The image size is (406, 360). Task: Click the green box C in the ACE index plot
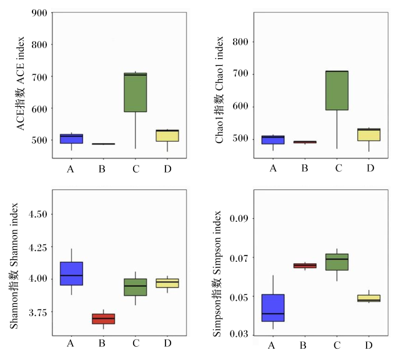click(x=136, y=92)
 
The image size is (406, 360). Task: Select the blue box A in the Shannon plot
click(x=71, y=273)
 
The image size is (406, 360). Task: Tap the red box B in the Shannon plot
click(x=103, y=319)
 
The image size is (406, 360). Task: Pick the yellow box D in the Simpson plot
click(x=369, y=298)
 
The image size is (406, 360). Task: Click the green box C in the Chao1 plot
click(x=337, y=91)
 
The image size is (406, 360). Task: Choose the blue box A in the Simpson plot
click(x=273, y=308)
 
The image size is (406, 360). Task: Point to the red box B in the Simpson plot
click(x=305, y=266)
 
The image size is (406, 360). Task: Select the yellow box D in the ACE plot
click(x=167, y=136)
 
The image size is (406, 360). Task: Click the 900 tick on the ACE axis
click(x=39, y=13)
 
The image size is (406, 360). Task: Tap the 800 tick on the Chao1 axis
click(x=240, y=42)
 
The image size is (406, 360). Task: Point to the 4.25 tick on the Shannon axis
click(x=38, y=247)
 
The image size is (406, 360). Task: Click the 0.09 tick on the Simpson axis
click(x=239, y=218)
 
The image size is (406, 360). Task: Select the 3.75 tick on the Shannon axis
click(x=38, y=312)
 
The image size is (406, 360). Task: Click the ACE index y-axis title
click(x=20, y=84)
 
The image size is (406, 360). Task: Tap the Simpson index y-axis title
click(x=217, y=274)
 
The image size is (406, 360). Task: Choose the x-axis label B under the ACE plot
click(x=102, y=169)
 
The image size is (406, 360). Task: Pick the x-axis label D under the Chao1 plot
click(x=370, y=168)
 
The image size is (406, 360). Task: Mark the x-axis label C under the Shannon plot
click(x=136, y=343)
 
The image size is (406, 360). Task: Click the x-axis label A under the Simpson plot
click(x=271, y=345)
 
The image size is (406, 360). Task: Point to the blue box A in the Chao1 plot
click(x=273, y=140)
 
